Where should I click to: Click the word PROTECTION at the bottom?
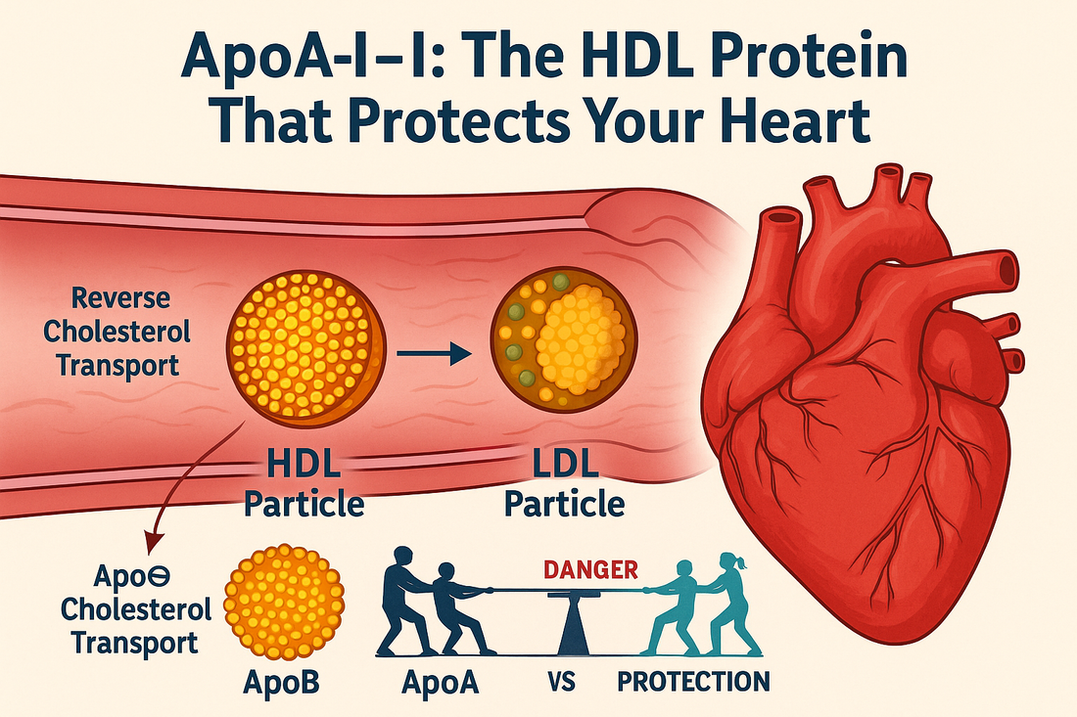[693, 681]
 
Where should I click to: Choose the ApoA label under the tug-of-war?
[440, 681]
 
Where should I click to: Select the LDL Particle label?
[561, 485]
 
